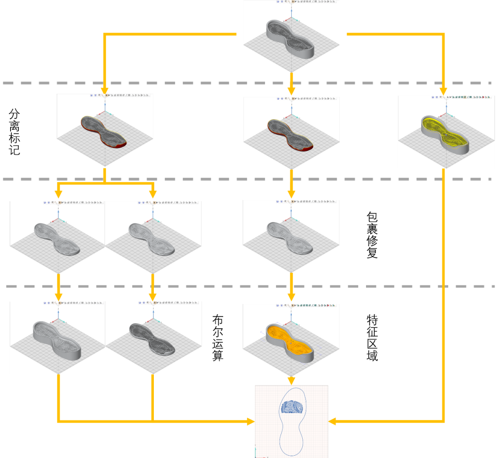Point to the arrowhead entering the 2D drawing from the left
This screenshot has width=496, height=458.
250,421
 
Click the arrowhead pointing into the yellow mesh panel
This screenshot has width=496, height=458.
443,91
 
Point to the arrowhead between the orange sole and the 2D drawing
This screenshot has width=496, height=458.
291,381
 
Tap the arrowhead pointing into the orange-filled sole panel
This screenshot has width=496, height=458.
291,298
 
